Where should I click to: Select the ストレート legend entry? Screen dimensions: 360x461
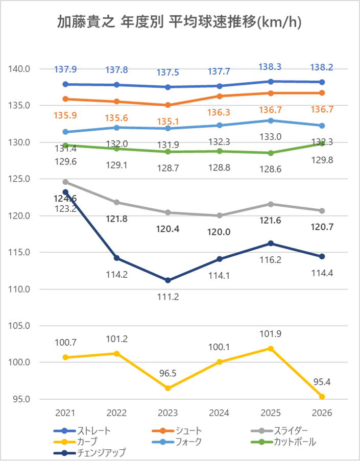point(82,431)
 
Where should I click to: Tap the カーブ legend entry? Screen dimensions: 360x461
point(76,442)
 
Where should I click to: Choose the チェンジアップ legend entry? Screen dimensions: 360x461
point(89,452)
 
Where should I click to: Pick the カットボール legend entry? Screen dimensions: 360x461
point(283,442)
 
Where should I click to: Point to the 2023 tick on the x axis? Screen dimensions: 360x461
point(168,413)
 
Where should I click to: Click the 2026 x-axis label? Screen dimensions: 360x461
point(322,413)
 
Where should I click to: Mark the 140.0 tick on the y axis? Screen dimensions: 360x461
point(19,69)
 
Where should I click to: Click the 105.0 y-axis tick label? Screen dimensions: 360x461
point(19,326)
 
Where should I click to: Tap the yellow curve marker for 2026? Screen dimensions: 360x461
point(322,397)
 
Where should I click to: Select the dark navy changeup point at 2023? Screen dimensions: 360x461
point(168,280)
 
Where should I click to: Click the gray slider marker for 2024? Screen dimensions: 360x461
point(219,215)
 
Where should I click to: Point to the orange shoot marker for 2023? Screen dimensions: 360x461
point(168,105)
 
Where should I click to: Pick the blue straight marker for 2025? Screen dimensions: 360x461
point(271,82)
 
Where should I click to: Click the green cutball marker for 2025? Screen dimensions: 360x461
point(271,153)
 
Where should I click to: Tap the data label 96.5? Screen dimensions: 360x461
point(168,373)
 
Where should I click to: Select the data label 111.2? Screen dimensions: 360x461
point(168,297)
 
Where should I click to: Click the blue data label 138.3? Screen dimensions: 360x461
point(270,67)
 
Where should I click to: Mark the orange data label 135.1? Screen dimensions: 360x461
point(168,122)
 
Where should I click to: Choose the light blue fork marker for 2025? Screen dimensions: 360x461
point(271,120)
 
